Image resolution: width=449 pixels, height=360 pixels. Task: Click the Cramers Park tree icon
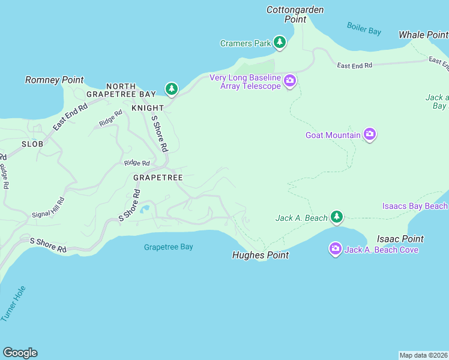(x=279, y=43)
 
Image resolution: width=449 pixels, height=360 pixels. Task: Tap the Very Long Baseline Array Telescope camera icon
(x=290, y=81)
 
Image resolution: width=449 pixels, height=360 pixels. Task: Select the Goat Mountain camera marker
(x=370, y=135)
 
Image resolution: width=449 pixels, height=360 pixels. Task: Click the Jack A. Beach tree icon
(x=337, y=217)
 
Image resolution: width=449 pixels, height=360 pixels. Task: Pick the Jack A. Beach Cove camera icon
(x=336, y=248)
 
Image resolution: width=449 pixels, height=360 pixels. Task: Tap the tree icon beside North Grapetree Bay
(x=172, y=89)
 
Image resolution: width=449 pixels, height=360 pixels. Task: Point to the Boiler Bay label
(x=364, y=28)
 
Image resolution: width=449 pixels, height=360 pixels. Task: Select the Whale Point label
(x=423, y=35)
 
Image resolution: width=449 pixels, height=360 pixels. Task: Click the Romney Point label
(x=54, y=80)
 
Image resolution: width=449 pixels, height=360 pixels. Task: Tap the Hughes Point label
(x=261, y=255)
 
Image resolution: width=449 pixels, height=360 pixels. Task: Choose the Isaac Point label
(x=400, y=239)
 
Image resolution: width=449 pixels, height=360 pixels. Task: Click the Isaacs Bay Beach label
(x=415, y=206)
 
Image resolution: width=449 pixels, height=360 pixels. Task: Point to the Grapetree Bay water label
(x=169, y=247)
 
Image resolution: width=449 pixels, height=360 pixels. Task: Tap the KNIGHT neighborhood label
(x=147, y=108)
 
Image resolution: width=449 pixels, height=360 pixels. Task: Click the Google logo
(x=20, y=353)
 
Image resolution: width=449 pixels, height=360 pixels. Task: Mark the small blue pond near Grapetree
(x=145, y=210)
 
